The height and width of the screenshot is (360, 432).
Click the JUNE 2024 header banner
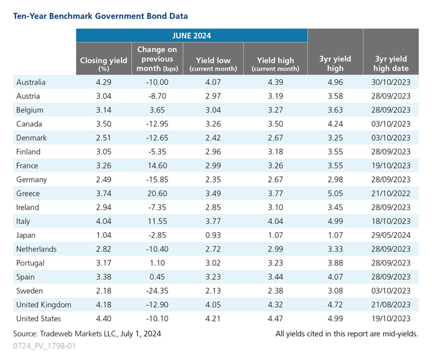(x=191, y=35)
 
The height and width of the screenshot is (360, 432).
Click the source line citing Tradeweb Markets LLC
(x=87, y=334)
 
